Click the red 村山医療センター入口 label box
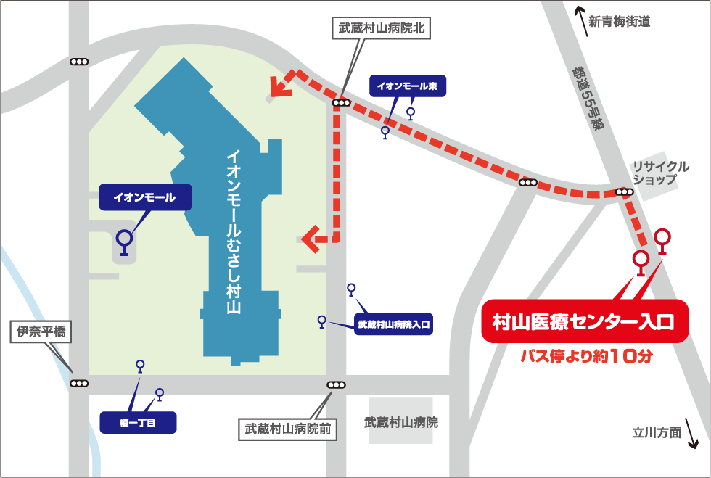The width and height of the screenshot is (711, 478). pyautogui.click(x=585, y=321)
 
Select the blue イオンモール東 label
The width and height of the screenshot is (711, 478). pyautogui.click(x=408, y=85)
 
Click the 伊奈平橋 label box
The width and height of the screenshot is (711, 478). pyautogui.click(x=41, y=333)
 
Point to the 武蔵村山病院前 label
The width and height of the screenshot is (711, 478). pyautogui.click(x=287, y=429)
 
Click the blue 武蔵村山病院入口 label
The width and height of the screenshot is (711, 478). pyautogui.click(x=393, y=324)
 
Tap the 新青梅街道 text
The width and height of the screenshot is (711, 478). pyautogui.click(x=619, y=22)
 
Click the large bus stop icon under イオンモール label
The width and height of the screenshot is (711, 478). pyautogui.click(x=125, y=242)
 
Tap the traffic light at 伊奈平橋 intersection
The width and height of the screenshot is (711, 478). pyautogui.click(x=79, y=382)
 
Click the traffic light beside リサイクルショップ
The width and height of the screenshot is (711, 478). pyautogui.click(x=624, y=192)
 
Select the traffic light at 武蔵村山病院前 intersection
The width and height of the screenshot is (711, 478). pyautogui.click(x=336, y=384)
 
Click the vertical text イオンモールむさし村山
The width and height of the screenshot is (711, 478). pyautogui.click(x=234, y=232)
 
